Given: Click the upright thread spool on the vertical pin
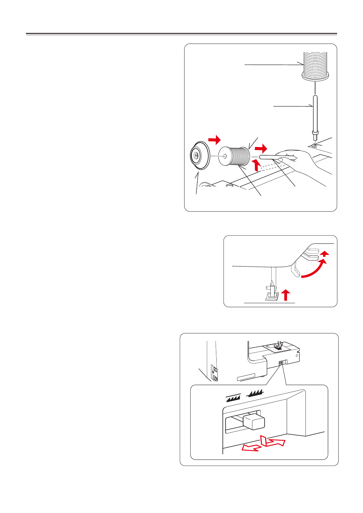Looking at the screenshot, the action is tap(315, 66).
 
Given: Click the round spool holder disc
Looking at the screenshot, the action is tap(199, 155).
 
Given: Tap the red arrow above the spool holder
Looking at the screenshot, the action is tap(214, 140).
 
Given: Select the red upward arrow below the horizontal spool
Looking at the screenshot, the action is tap(257, 166).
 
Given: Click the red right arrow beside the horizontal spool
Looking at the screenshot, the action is tap(261, 149).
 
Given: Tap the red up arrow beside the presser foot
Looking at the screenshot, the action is tap(286, 295).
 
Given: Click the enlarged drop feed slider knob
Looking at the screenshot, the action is tap(254, 422).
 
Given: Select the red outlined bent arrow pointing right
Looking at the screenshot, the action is tap(272, 441).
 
